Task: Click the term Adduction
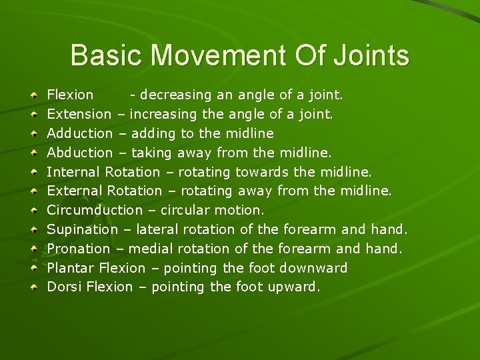coord(79,133)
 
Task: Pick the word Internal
coord(73,172)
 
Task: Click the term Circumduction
coord(94,210)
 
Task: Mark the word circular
coord(183,210)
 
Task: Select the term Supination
coord(82,229)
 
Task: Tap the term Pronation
coord(79,249)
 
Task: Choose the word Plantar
coord(70,268)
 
